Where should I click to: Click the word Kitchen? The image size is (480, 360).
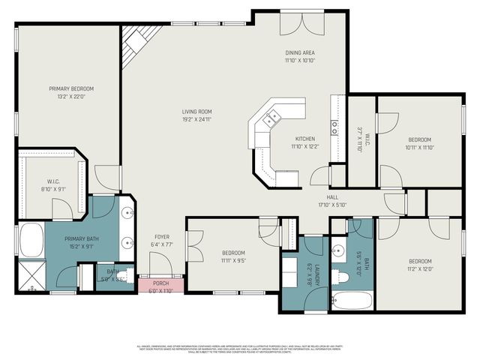(304, 139)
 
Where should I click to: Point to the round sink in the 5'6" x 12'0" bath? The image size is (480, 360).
(339, 250)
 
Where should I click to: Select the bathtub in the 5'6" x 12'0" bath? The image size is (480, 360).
(351, 301)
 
